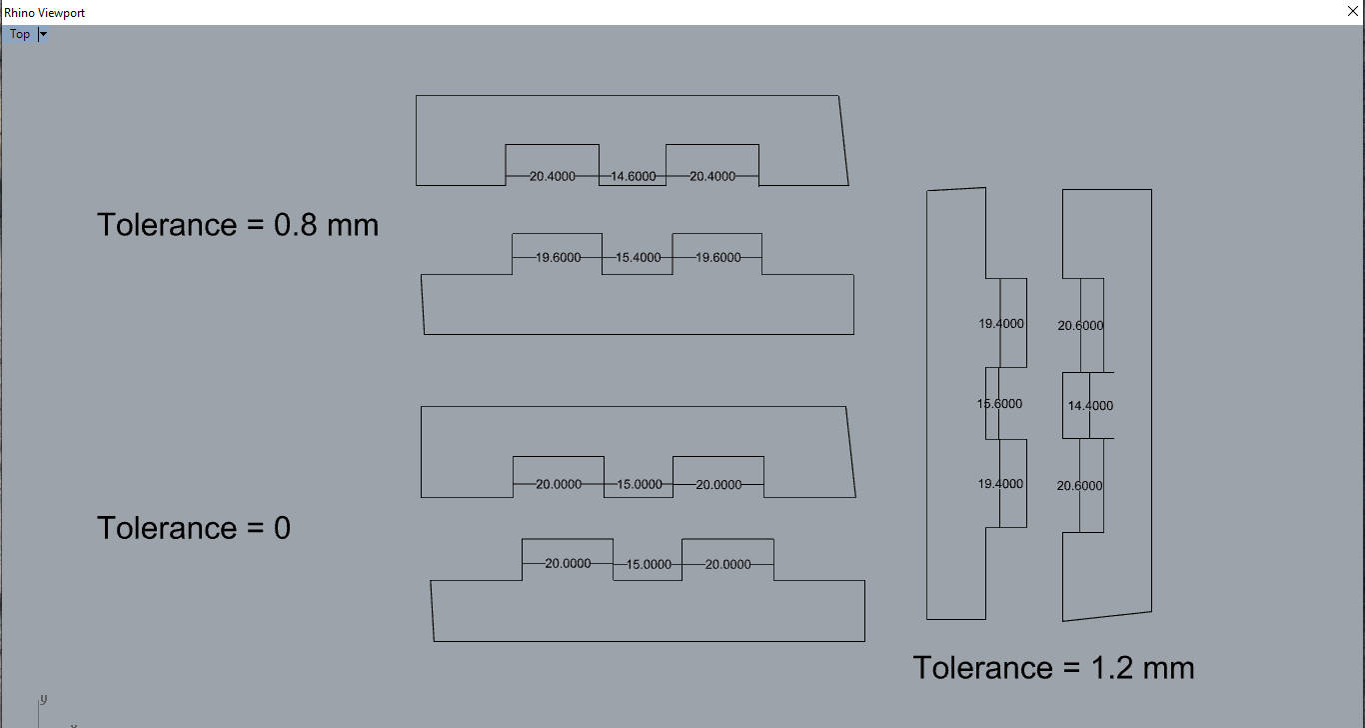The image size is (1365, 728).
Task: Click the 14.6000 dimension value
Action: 634,177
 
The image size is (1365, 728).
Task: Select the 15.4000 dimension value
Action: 639,258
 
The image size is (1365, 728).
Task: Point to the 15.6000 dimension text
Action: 999,404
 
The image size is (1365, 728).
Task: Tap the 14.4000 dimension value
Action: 1090,406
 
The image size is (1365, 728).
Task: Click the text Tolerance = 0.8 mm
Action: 238,225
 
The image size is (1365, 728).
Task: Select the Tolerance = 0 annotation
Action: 194,528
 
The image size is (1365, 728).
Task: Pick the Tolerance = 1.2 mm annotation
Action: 1053,668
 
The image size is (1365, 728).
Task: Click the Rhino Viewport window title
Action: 45,13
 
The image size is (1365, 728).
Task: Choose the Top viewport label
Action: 20,34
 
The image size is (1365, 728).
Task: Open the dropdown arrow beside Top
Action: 43,34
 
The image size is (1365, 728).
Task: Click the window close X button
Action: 1352,12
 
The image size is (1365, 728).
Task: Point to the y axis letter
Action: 44,699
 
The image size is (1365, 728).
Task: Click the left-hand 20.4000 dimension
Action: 553,177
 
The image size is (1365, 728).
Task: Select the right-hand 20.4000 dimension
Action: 712,177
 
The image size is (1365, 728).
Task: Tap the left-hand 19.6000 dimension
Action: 559,258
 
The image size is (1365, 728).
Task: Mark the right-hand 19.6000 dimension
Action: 718,258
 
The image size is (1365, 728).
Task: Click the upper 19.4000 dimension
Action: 1000,324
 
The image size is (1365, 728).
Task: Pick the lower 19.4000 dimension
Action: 1000,484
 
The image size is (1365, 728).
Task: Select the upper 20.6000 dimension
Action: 1080,326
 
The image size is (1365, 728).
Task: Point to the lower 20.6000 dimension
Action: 1080,486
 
